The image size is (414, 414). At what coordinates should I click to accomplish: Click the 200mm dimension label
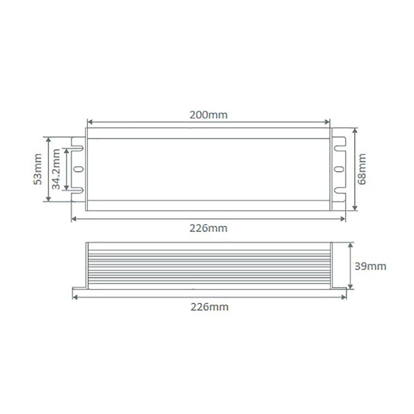[x=208, y=115]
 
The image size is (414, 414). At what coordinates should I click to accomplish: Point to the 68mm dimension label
[x=363, y=169]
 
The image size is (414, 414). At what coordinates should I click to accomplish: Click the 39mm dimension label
[x=370, y=266]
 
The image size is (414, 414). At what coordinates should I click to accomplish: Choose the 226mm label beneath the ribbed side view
[x=209, y=307]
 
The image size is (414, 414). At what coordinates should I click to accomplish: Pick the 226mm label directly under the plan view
[x=208, y=228]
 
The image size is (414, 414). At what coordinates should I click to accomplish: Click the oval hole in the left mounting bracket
[x=78, y=169]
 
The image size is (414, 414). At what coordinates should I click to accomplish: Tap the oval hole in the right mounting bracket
[x=339, y=169]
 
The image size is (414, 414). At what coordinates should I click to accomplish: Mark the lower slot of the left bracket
[x=78, y=190]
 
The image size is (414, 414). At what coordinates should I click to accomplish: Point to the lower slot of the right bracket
[x=340, y=190]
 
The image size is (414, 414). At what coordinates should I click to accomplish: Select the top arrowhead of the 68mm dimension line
[x=355, y=130]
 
